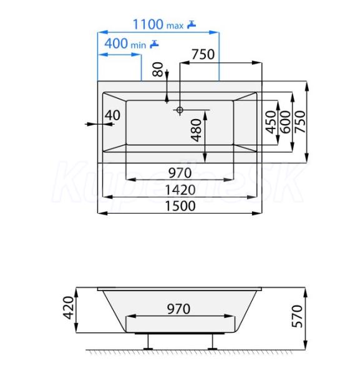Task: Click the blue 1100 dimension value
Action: point(148,24)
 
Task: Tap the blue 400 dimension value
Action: point(116,44)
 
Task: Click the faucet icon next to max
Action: point(192,24)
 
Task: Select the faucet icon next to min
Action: point(154,44)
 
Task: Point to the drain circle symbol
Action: point(180,110)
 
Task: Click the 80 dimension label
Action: point(158,69)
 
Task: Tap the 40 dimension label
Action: point(112,115)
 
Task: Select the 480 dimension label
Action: point(197,130)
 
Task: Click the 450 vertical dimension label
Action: point(271,122)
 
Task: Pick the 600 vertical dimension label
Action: point(285,122)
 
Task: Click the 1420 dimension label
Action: point(180,190)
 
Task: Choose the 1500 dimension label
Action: point(180,206)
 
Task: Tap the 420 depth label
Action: point(68,308)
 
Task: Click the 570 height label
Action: point(297,316)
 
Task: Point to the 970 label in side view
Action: point(178,309)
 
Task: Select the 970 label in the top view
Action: point(180,173)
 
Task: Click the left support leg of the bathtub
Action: point(148,342)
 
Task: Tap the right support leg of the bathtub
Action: point(212,342)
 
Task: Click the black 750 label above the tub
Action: point(203,54)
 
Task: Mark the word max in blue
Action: point(175,26)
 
